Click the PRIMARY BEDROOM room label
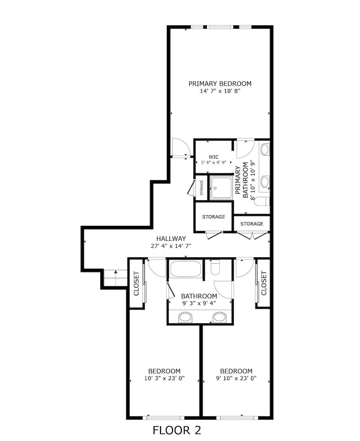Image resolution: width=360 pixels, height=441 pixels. coord(220,83)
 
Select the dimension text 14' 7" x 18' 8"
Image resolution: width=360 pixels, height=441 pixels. coord(220,91)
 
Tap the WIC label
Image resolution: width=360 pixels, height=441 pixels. coord(214,157)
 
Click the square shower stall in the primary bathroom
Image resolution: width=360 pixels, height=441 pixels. coord(221,187)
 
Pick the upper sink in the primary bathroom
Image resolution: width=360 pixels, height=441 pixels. coord(265,149)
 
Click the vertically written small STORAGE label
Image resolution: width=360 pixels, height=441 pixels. coord(202,187)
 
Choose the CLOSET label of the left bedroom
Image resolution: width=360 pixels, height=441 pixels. coord(136,283)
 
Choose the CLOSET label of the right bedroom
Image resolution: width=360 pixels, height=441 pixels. coord(263,283)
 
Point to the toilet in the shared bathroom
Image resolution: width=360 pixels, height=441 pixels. coord(215,268)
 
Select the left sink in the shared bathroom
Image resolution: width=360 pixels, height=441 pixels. coord(186,317)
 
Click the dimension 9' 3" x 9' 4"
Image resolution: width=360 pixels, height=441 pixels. coord(199,303)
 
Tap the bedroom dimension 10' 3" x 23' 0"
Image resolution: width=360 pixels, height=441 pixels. coord(164,378)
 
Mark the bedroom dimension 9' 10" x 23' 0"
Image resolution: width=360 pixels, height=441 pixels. coord(236,378)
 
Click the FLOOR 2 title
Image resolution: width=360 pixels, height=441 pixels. coord(176,430)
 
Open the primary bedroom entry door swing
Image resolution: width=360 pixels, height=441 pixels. coord(180,148)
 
